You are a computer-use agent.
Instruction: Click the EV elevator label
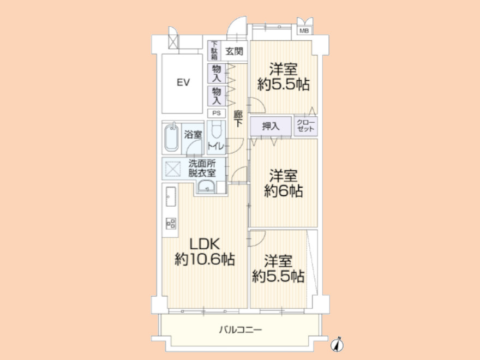point(183,82)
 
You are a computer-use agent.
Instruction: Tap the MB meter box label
point(304,31)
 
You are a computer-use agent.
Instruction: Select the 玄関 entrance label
point(234,51)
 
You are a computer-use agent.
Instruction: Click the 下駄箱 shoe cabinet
point(214,51)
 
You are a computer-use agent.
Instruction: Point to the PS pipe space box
point(217,113)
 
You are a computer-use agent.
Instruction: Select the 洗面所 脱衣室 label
point(202,168)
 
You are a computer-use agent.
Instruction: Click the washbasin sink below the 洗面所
point(207,187)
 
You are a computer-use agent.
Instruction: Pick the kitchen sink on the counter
point(171,196)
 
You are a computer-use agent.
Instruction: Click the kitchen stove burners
point(171,224)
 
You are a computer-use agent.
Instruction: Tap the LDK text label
point(205,244)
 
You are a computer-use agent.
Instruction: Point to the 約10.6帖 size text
point(205,260)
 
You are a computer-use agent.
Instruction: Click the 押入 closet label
point(271,126)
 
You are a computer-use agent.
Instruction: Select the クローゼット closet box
point(306,126)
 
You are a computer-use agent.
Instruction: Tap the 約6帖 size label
point(284,191)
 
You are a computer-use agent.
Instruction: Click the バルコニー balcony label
point(241,330)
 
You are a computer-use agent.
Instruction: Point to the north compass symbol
point(337,345)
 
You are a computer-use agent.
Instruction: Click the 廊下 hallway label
point(238,119)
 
